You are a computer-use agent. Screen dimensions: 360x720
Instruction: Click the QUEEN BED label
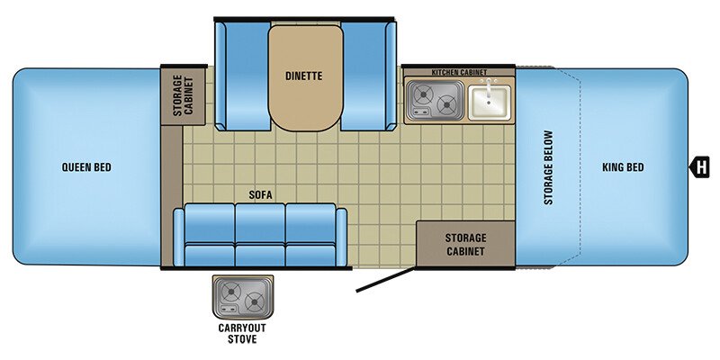tap(87, 166)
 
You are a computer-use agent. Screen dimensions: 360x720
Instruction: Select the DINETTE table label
tap(305, 76)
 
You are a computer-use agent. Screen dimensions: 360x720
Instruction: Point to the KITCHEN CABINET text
tap(458, 71)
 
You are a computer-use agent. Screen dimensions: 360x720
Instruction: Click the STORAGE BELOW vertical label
tap(548, 167)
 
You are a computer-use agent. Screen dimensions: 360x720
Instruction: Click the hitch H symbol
tap(698, 166)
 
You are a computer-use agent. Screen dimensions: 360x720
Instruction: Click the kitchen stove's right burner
tap(446, 105)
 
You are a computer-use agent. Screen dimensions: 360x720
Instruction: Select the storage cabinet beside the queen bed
tap(184, 94)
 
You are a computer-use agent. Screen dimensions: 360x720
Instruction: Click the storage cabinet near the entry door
tap(464, 244)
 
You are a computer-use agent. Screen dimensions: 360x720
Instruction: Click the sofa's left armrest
tap(179, 235)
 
